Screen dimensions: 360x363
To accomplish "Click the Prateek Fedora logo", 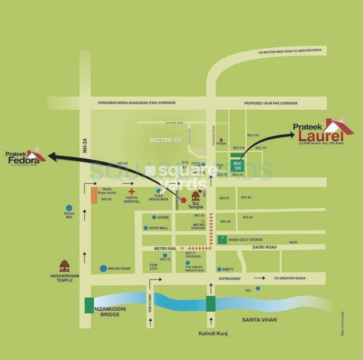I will coord(25,158).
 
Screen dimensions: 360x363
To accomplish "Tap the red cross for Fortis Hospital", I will coord(131,191).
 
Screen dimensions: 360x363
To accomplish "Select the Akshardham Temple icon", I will coord(65,266).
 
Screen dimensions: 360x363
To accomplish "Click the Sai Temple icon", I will coord(196,196).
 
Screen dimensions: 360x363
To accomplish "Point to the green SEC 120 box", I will coord(237,165).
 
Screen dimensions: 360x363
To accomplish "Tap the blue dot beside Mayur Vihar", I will coord(104,268).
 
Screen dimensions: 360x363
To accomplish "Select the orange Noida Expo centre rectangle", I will coord(94,195).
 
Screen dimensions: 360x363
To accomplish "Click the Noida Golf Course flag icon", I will coord(222,239).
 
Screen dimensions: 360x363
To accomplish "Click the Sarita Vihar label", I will coord(259,320).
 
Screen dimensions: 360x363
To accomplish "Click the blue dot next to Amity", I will coord(219,269).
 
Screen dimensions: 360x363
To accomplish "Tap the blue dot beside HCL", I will coord(258,288).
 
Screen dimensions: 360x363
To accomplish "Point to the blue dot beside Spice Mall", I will coord(146,228).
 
